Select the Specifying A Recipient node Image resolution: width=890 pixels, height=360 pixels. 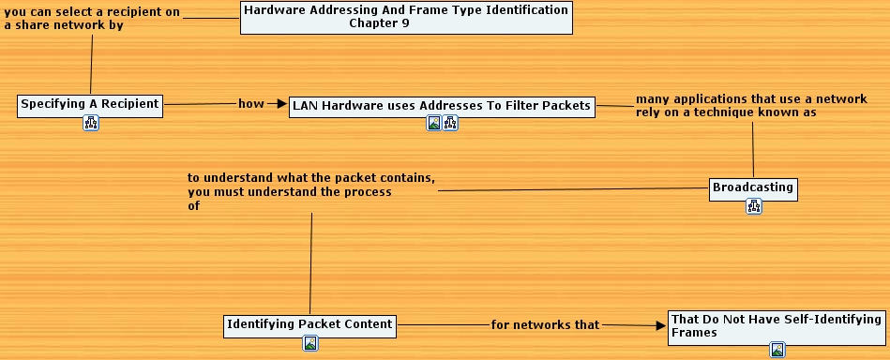pos(90,104)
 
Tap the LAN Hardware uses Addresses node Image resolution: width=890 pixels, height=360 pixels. pos(442,106)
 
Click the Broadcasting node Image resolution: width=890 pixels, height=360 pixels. pos(753,187)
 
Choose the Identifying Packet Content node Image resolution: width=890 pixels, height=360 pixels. pos(309,325)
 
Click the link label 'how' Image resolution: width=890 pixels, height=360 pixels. pos(251,104)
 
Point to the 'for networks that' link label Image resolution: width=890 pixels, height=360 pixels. pos(545,325)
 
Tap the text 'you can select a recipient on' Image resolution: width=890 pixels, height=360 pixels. pos(92,13)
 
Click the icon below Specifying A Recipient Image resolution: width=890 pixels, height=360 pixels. pos(91,124)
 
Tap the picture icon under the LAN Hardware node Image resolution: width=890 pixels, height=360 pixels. pos(434,123)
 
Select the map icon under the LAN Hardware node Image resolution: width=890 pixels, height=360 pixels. pos(450,123)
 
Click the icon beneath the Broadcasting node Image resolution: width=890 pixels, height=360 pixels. pos(754,206)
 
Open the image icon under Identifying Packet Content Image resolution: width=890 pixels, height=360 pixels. pos(310,343)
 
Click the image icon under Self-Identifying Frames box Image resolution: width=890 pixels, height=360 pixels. pos(777,350)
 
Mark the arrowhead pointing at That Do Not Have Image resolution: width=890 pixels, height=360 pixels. pos(659,325)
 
